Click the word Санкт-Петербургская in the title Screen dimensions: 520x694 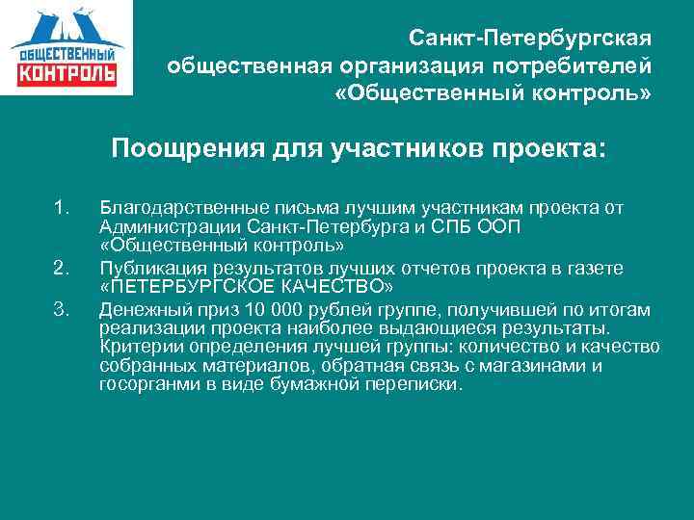click(530, 39)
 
